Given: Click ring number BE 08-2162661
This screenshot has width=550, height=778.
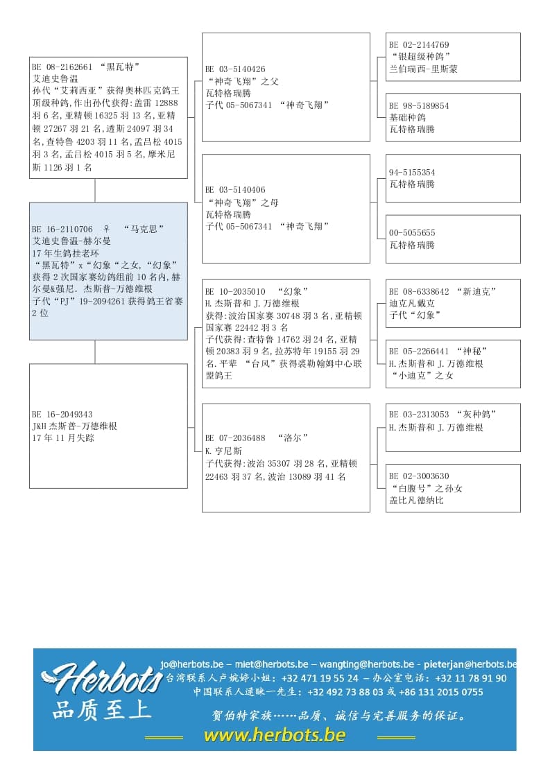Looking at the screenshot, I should tap(62, 67).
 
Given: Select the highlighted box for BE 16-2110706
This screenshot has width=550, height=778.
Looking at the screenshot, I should tap(108, 270).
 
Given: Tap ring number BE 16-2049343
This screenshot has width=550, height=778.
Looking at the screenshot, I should tap(62, 415).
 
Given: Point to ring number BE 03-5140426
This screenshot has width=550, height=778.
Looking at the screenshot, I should tap(235, 69).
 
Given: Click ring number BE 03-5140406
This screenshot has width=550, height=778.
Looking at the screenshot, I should tap(235, 190).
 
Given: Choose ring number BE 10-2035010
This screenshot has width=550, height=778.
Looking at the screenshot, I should tap(235, 292).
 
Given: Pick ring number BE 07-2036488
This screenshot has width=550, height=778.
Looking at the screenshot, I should tap(235, 438).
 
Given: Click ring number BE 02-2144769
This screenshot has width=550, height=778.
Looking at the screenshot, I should tap(419, 45).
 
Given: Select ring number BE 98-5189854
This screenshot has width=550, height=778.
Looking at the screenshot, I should tap(419, 106).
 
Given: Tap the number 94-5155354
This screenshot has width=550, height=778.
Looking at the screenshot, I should tap(412, 173).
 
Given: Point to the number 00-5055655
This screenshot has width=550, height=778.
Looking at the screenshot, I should tap(412, 233).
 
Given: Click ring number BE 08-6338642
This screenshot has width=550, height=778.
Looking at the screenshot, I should tap(419, 292).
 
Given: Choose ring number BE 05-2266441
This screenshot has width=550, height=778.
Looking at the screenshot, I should tap(419, 352).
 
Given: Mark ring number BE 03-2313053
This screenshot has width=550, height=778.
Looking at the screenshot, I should tap(419, 415).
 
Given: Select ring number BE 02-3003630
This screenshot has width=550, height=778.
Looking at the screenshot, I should tap(419, 476).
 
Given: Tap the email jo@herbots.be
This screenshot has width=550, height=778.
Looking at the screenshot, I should tap(192, 663).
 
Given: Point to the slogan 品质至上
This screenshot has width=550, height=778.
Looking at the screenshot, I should tap(101, 711).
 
